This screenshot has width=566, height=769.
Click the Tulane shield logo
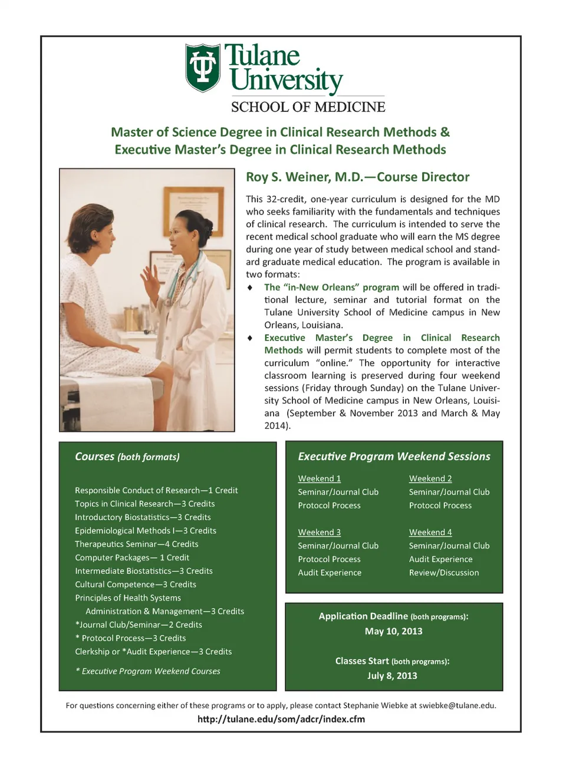tap(203, 67)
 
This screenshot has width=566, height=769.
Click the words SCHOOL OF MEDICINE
tap(308, 107)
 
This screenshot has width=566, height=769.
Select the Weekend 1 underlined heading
tap(319, 478)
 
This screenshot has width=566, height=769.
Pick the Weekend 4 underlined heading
tap(430, 532)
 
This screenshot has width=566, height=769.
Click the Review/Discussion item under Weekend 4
tap(444, 572)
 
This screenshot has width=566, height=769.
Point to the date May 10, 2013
tap(393, 631)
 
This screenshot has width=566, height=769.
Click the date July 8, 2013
tap(392, 675)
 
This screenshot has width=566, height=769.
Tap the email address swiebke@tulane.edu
tap(457, 705)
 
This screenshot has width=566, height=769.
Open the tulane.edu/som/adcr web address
tap(281, 719)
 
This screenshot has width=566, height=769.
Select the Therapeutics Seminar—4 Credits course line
tap(136, 544)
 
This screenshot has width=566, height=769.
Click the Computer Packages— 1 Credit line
tap(132, 557)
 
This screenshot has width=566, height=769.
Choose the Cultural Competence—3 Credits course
tap(136, 585)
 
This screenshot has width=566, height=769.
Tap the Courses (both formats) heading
tap(127, 457)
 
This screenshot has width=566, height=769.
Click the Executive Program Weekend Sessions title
tap(394, 456)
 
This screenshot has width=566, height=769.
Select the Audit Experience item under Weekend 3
tap(330, 572)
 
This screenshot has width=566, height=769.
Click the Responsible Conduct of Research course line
tap(156, 490)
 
